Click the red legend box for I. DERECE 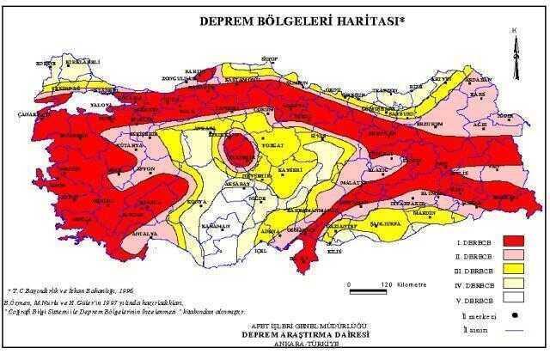[x=514, y=240]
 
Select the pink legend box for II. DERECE [x=514, y=256]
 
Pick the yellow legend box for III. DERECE [x=514, y=271]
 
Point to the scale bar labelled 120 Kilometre [x=376, y=283]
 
